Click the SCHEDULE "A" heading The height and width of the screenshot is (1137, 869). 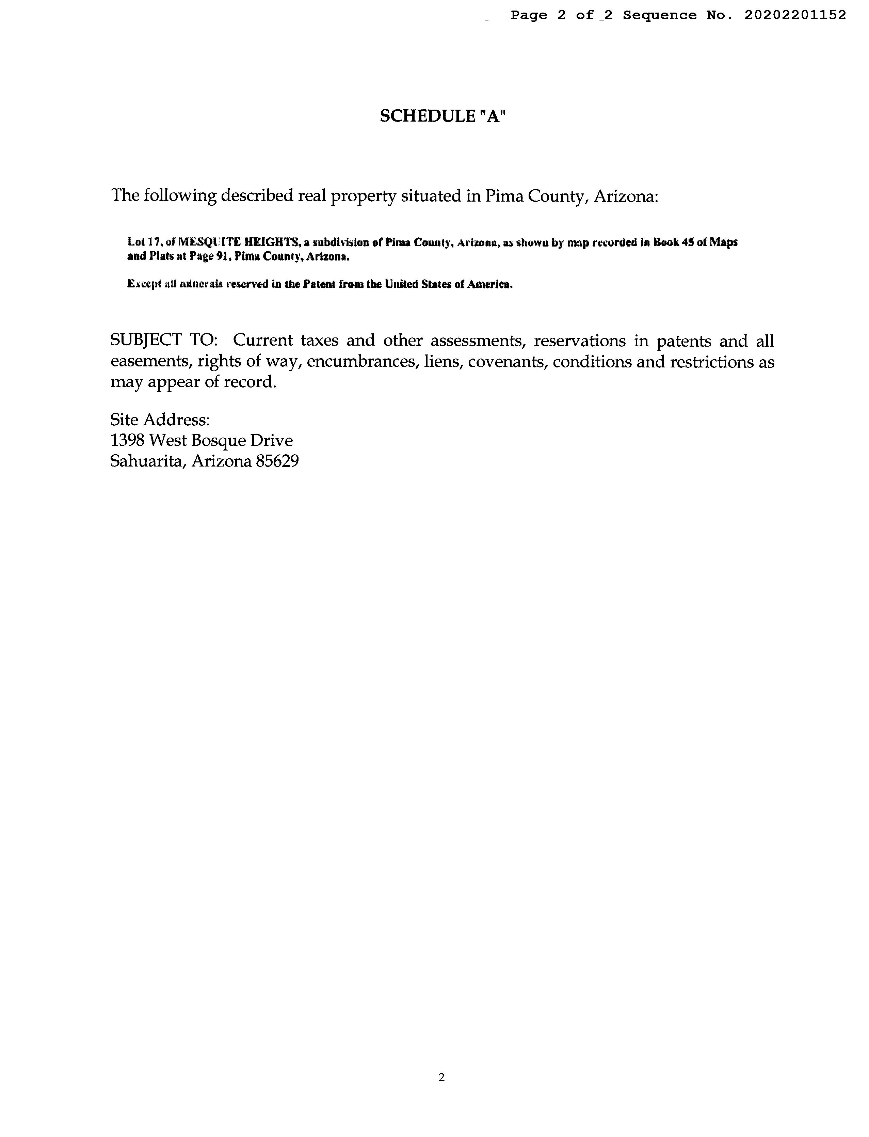[x=443, y=116]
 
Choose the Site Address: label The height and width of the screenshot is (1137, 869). [x=160, y=419]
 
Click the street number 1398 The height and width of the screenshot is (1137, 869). [x=127, y=440]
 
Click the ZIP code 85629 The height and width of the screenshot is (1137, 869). [x=277, y=461]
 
